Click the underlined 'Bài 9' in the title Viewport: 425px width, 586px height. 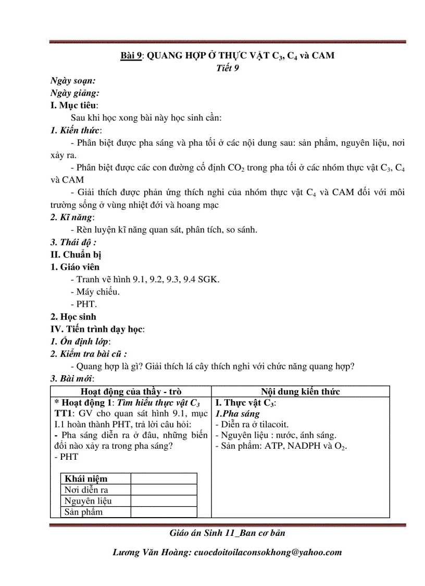(x=131, y=55)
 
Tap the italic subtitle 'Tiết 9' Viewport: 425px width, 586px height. (x=227, y=67)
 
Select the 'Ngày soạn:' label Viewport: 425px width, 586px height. (x=72, y=80)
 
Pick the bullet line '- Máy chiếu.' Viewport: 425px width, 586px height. (x=98, y=292)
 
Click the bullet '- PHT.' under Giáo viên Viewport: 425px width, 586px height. (x=86, y=304)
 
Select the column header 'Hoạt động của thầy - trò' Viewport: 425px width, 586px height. (x=131, y=392)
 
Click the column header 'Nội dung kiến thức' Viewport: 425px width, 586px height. (x=301, y=392)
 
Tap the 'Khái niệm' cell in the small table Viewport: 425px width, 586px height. (x=85, y=479)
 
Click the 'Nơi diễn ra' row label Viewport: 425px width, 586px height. (x=86, y=489)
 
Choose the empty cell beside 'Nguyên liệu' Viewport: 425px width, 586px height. (x=164, y=501)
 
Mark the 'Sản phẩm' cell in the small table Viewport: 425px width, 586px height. (x=83, y=512)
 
